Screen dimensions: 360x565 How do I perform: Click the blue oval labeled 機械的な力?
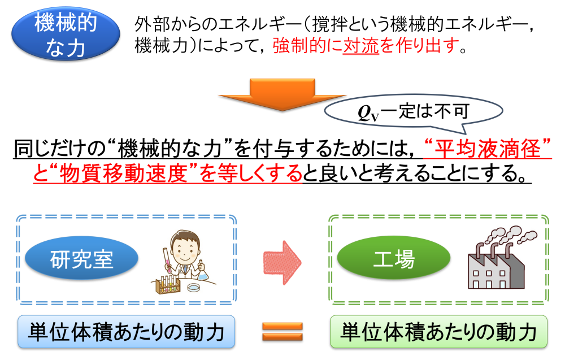click(x=66, y=33)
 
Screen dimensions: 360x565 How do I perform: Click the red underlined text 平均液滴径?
click(x=488, y=148)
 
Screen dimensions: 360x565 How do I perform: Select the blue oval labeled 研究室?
click(x=81, y=259)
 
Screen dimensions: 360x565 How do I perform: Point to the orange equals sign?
click(x=282, y=332)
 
